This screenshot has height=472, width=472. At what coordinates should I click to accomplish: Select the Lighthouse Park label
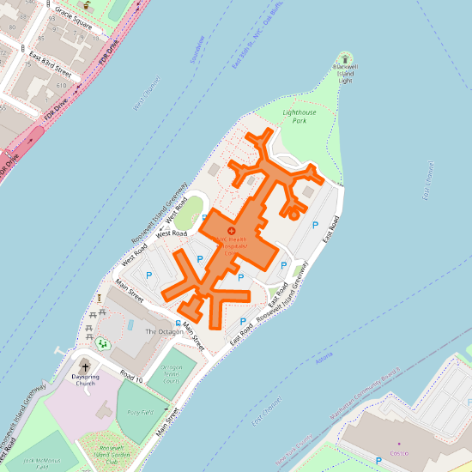(300, 117)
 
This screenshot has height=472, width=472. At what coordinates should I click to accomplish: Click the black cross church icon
(84, 366)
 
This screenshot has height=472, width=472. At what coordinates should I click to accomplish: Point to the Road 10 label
(131, 378)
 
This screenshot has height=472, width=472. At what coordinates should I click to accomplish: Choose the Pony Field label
(139, 412)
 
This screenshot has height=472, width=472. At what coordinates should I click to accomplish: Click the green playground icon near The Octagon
(103, 344)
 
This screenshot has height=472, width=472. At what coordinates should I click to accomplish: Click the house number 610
(62, 86)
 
